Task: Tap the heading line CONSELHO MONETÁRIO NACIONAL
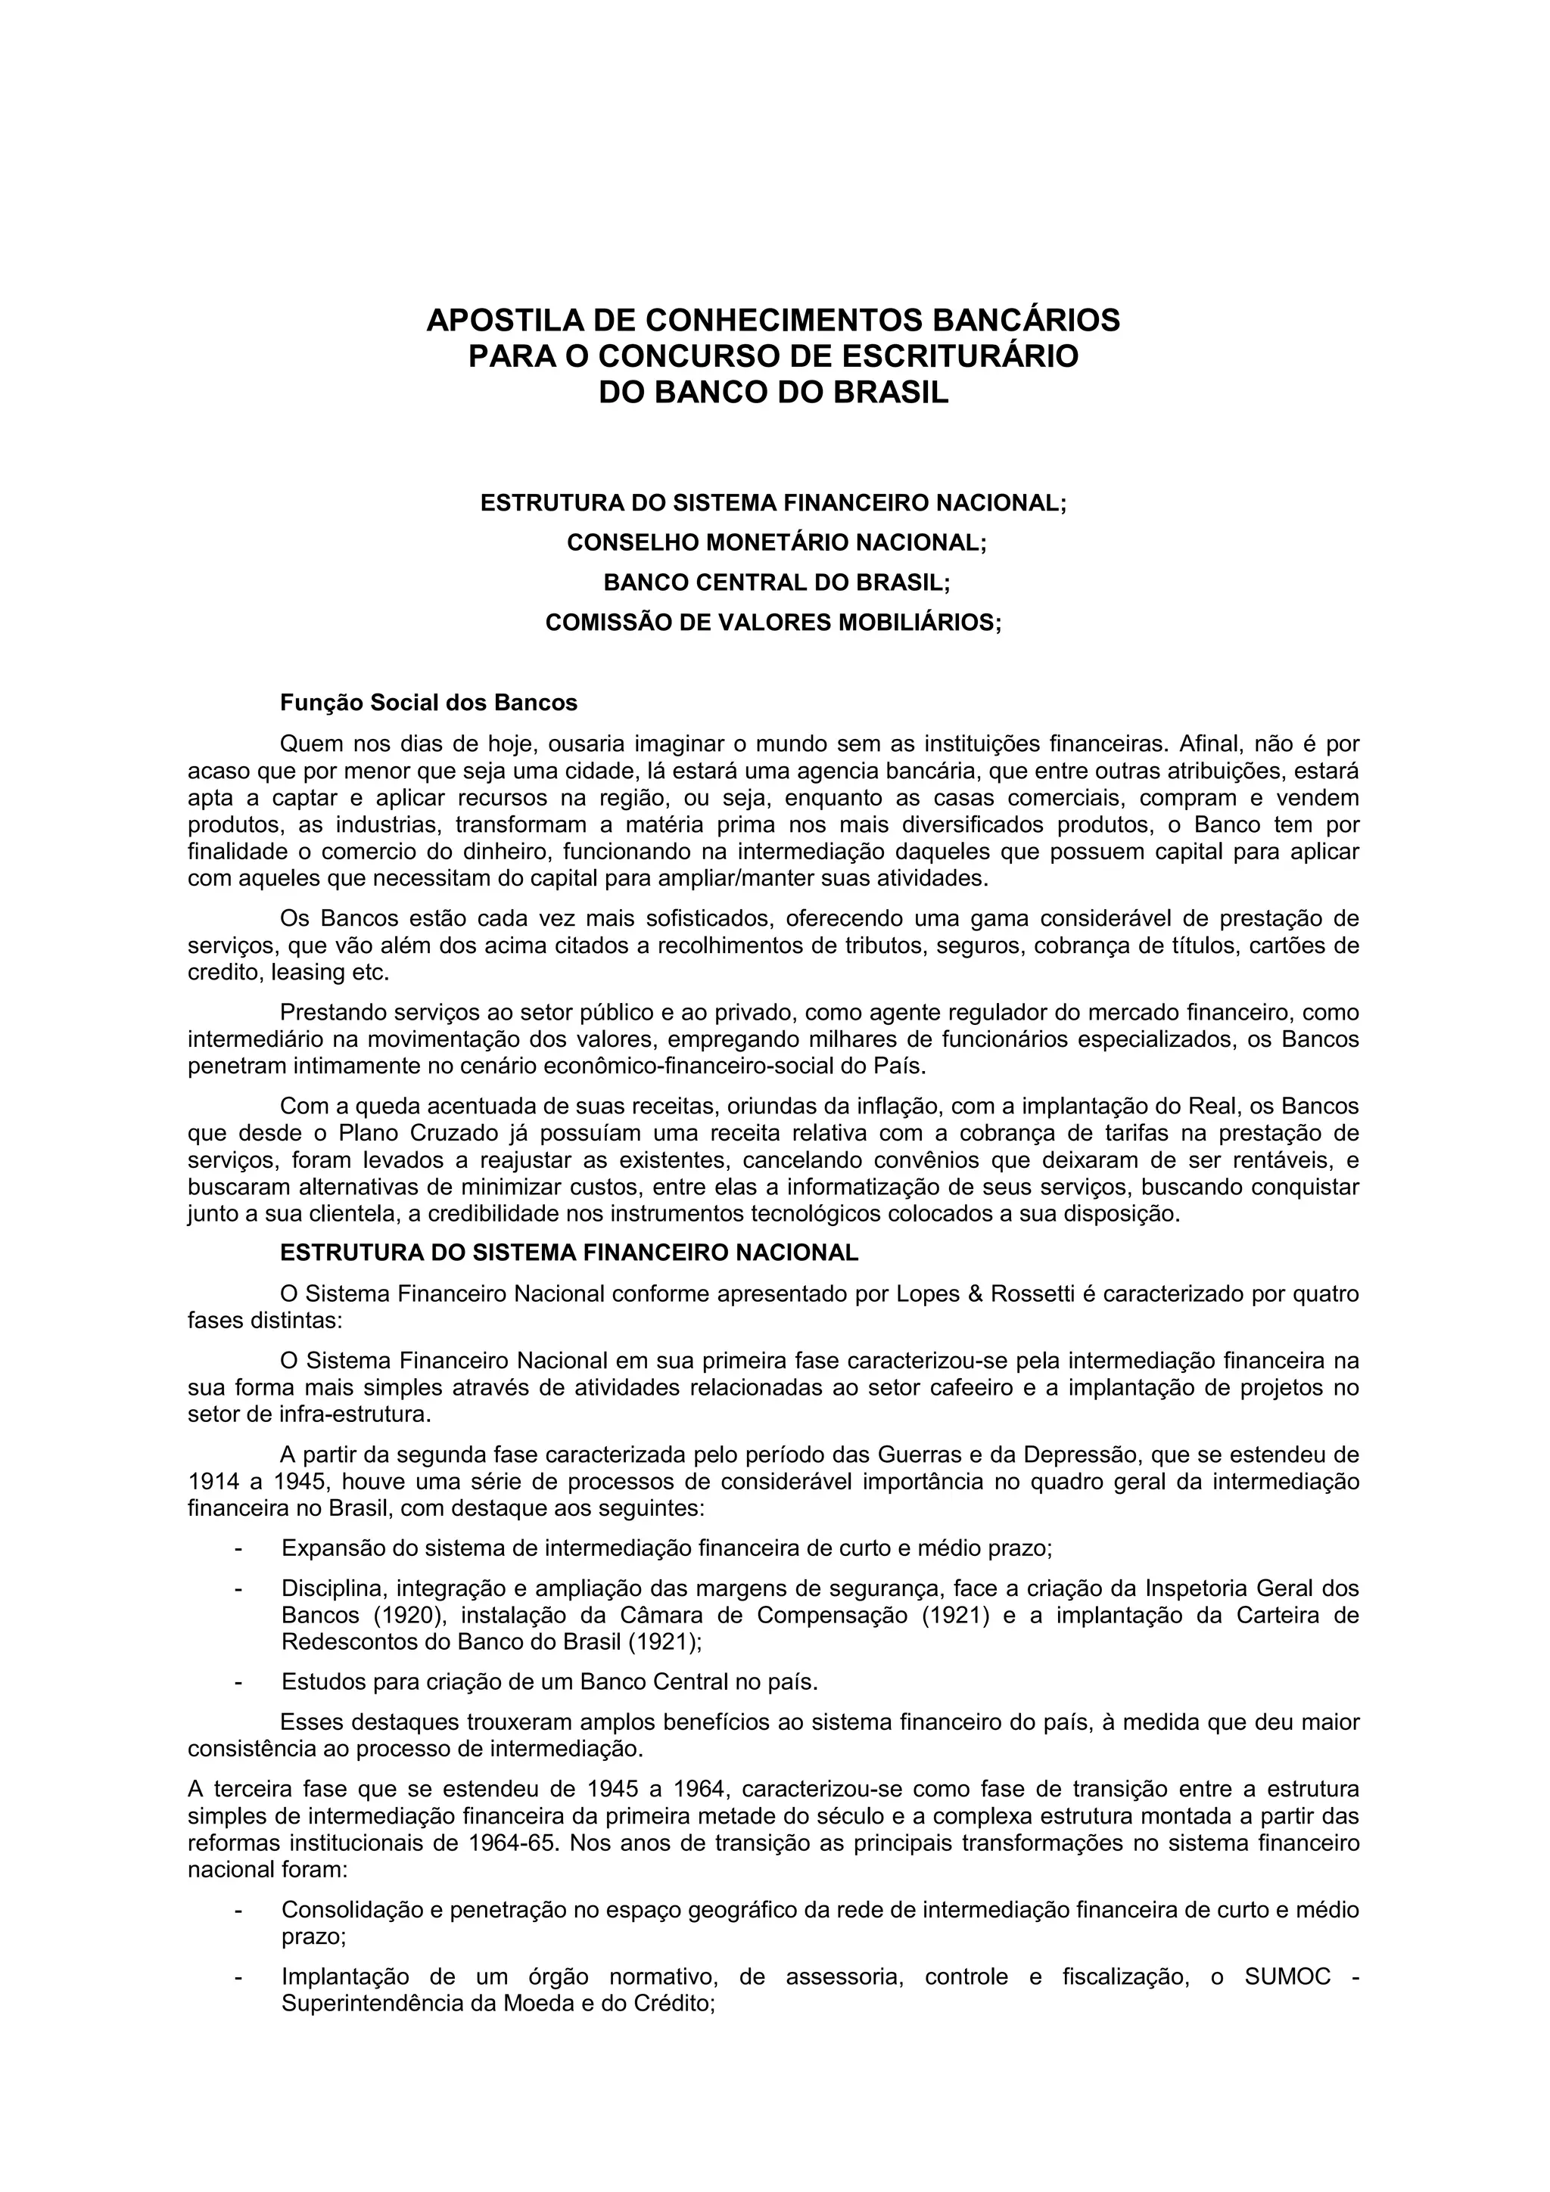[x=776, y=542]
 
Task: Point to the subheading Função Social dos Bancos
[x=429, y=703]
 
